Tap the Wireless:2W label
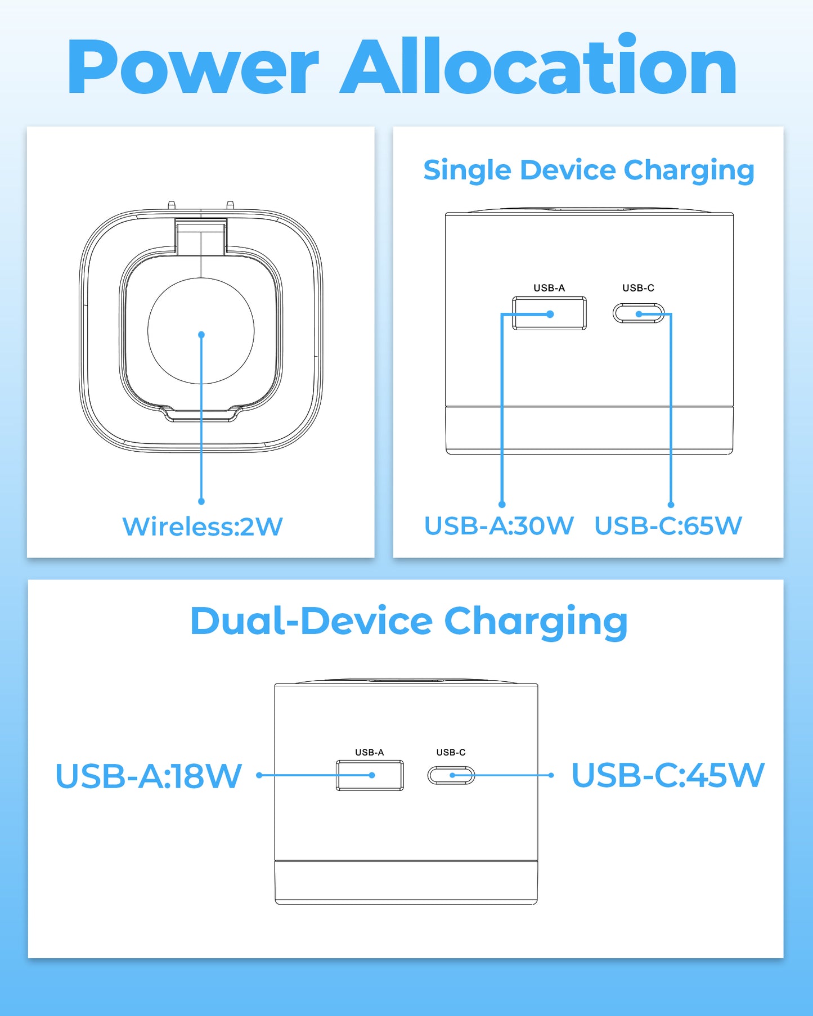click(202, 527)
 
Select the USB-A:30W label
click(498, 526)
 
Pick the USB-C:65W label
click(668, 526)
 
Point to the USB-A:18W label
click(149, 776)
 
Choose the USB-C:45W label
click(668, 775)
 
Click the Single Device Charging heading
click(589, 170)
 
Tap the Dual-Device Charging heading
click(409, 622)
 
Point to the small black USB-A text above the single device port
click(549, 288)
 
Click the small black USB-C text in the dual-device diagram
click(451, 752)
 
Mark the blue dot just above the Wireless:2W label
click(201, 501)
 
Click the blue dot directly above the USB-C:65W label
click(671, 505)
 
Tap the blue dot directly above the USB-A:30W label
click(502, 505)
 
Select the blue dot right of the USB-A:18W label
click(259, 775)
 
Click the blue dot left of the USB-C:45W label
click(551, 775)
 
